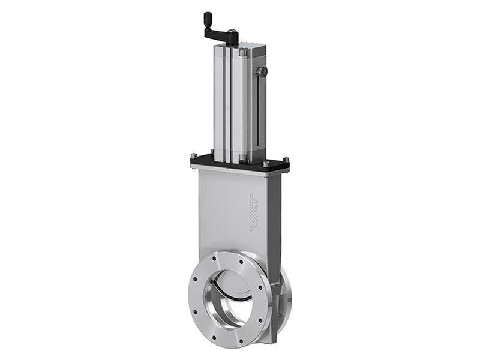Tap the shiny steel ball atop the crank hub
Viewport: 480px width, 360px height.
(232, 31)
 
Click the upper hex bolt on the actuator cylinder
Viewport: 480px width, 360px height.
(243, 53)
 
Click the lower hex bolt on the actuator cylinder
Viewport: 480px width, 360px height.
(242, 158)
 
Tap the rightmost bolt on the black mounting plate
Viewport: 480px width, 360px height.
(286, 160)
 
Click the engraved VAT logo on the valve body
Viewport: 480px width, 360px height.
(254, 213)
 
